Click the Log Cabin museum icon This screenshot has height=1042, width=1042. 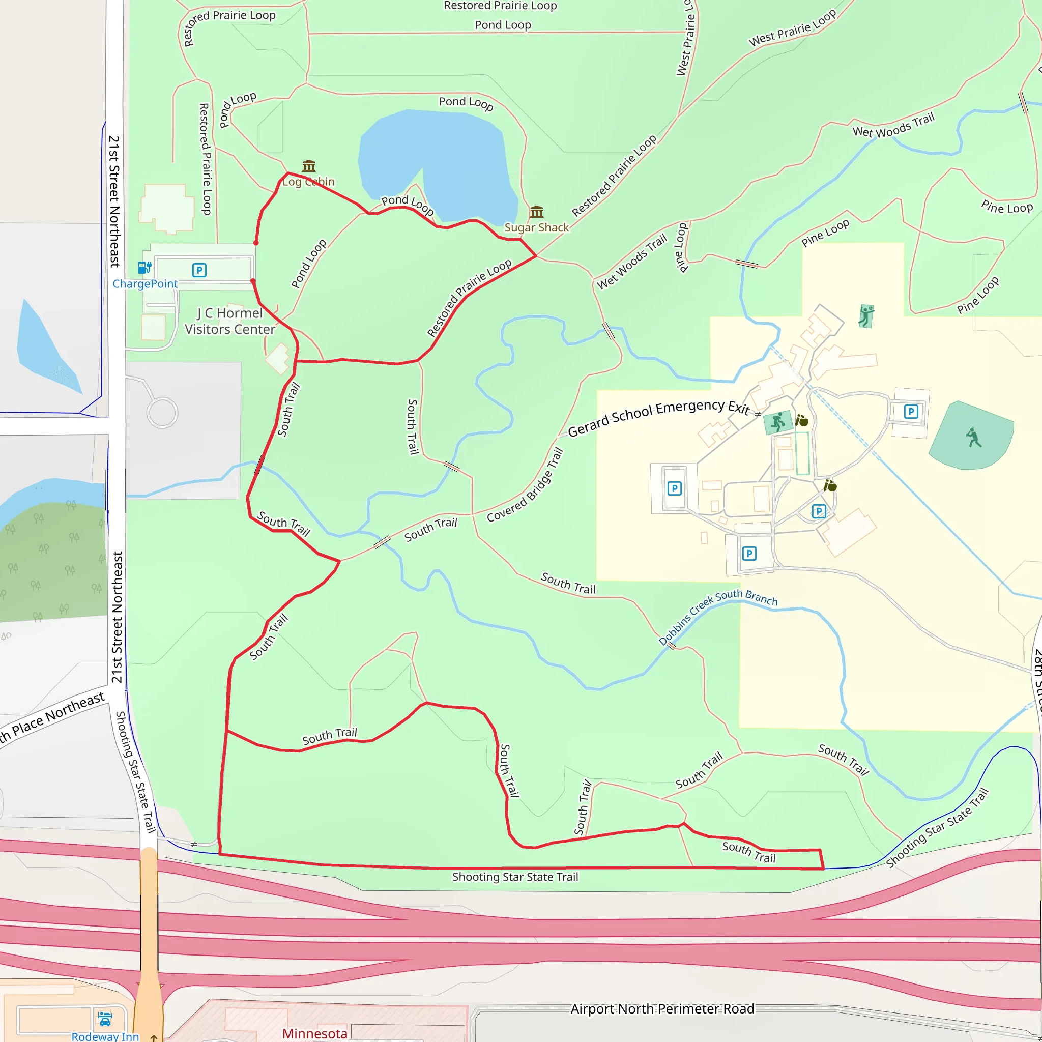point(308,165)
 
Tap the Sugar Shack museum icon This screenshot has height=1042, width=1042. point(536,212)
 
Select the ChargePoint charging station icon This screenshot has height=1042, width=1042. point(144,268)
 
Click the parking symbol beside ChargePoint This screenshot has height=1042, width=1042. point(199,270)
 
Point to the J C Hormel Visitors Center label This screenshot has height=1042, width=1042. point(230,322)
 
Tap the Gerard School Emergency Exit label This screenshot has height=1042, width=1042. point(658,418)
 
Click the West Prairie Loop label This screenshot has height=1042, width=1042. point(792,27)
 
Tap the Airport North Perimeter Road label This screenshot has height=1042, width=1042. point(662,1008)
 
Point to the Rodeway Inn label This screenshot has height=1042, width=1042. point(105,1036)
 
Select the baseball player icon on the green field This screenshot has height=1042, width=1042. point(973,438)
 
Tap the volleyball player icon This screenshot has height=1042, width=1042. point(865,316)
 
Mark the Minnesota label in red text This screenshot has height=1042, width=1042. point(314,1033)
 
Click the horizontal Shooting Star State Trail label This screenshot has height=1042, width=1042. point(515,877)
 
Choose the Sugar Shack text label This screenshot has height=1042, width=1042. point(536,227)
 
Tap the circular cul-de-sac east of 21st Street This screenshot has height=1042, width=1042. point(162,413)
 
